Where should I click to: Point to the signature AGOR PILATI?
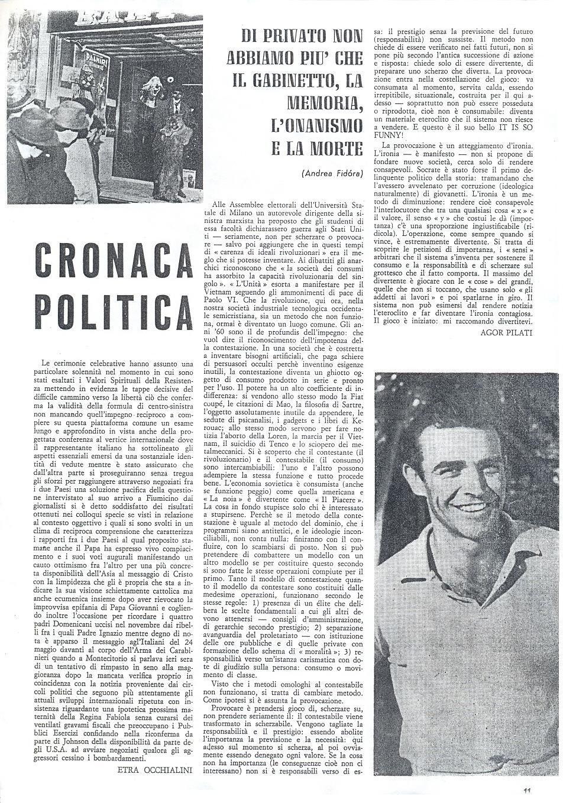pos(509,333)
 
